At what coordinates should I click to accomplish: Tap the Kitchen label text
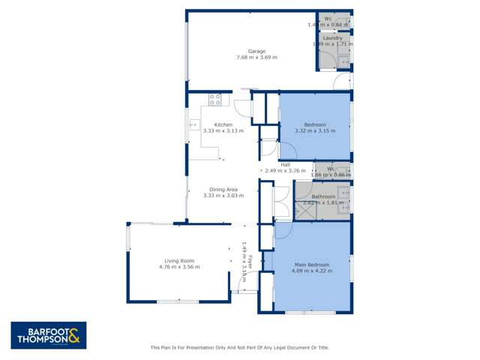pyautogui.click(x=223, y=124)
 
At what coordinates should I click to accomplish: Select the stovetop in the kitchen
pyautogui.click(x=214, y=97)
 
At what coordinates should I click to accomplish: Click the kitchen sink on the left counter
pyautogui.click(x=193, y=125)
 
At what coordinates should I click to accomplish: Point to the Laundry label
pyautogui.click(x=332, y=37)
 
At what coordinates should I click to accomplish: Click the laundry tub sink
pyautogui.click(x=343, y=61)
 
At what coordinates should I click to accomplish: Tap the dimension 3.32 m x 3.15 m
pyautogui.click(x=315, y=130)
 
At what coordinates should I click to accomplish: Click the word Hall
pyautogui.click(x=285, y=164)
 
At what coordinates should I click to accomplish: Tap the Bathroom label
pyautogui.click(x=324, y=196)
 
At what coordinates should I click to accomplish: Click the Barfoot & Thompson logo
pyautogui.click(x=49, y=335)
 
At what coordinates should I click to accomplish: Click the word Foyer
pyautogui.click(x=250, y=263)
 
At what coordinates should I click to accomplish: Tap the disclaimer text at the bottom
pyautogui.click(x=240, y=347)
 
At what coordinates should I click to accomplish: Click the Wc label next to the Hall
pyautogui.click(x=331, y=169)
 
